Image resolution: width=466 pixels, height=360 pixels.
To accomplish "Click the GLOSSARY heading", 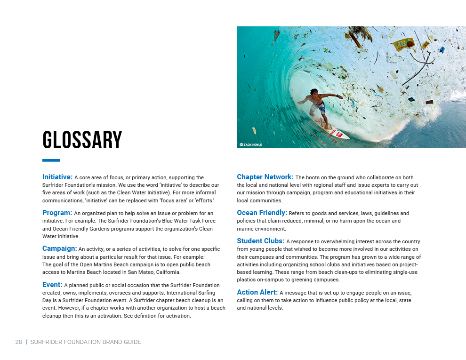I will point(82,140).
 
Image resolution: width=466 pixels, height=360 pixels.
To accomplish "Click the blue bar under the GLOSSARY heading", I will point(51,160).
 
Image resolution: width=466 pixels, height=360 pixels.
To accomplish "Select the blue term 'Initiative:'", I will point(57,177).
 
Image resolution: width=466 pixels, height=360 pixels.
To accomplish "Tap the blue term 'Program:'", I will point(57,213).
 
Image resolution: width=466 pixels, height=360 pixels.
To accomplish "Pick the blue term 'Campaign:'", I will point(59,248).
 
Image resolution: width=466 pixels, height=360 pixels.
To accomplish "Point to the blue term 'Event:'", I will point(52,285).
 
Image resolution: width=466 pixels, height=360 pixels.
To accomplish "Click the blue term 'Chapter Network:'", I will point(265,177).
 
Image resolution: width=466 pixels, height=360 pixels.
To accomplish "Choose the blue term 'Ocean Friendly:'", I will point(262,213).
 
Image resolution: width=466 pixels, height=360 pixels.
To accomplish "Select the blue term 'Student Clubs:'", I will point(260,241).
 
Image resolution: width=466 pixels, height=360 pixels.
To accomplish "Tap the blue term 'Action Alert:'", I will point(257,292).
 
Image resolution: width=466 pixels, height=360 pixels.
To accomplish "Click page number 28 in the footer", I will point(18,342).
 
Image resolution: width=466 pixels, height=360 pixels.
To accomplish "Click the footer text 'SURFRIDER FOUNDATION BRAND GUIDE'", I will point(86,342).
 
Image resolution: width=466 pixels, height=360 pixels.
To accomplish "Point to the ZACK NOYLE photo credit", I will point(251,144).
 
